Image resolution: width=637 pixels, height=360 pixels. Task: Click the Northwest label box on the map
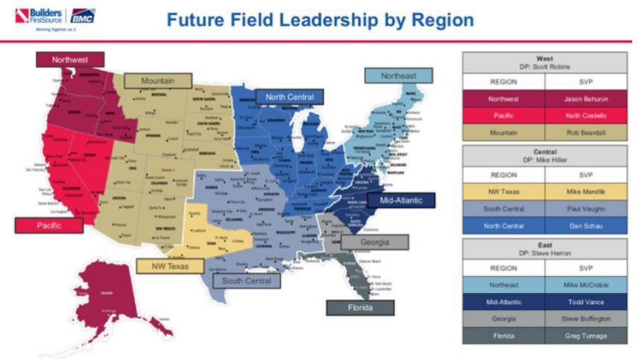(70, 60)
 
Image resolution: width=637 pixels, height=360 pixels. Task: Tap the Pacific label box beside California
(49, 225)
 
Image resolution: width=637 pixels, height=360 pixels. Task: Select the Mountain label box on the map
(158, 81)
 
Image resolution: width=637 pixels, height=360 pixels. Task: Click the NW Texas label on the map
(170, 266)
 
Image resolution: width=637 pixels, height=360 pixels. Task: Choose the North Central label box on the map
(289, 97)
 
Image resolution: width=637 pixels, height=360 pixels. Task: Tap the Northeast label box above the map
(398, 76)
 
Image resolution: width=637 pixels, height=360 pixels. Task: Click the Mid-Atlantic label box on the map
(401, 200)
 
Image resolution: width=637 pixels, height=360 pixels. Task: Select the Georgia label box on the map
(375, 242)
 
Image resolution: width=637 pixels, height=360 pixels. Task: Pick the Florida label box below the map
(360, 307)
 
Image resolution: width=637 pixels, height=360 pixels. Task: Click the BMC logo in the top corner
(82, 16)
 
